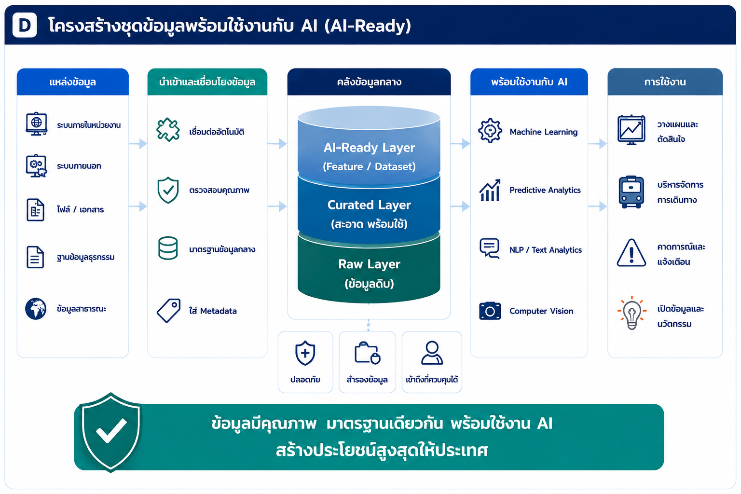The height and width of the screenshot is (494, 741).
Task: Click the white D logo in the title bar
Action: tap(25, 25)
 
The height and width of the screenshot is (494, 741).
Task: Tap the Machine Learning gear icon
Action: tap(490, 131)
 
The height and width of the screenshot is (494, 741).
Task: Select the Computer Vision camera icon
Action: tap(490, 311)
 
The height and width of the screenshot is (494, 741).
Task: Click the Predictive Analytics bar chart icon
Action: tap(490, 190)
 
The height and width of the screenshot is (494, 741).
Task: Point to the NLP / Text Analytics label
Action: tap(546, 250)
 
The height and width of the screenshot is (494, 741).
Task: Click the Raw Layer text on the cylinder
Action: tap(369, 264)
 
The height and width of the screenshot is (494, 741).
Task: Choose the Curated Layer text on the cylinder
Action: tap(369, 205)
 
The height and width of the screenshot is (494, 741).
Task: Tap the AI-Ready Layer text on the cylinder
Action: tap(369, 148)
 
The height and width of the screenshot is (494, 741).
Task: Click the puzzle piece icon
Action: tap(168, 130)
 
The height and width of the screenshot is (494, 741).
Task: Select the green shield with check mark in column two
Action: tap(168, 190)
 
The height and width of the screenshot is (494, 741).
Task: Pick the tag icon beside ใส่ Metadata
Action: tap(168, 310)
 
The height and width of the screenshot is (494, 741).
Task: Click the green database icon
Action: tap(168, 248)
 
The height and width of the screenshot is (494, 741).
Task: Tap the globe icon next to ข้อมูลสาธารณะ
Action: tap(36, 309)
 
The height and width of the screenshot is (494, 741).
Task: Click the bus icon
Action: tap(631, 192)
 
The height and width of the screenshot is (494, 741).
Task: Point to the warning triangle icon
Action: tap(631, 253)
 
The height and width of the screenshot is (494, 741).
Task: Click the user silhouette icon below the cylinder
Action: tap(432, 353)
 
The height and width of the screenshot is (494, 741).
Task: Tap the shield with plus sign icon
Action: tap(305, 353)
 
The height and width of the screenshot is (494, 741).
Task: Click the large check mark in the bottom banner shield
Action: tap(111, 430)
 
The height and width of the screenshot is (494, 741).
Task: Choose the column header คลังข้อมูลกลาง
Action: tap(369, 82)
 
